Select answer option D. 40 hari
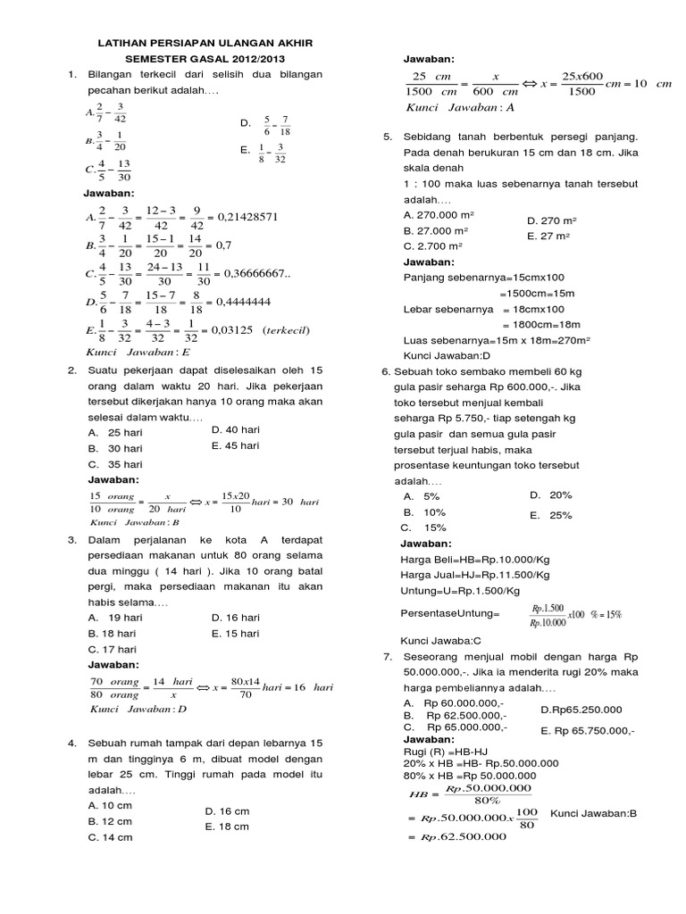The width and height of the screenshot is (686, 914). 235,429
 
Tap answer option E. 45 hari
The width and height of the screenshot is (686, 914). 235,445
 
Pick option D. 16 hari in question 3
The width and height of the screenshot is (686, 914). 235,617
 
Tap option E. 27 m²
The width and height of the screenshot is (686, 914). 548,237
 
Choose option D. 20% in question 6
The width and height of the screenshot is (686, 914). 550,494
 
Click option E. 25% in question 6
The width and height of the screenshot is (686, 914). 550,515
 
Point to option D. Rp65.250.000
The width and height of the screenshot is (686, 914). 581,710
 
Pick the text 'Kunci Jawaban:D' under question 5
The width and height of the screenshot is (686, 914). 445,355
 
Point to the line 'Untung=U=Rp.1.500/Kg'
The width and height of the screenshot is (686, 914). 460,591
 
